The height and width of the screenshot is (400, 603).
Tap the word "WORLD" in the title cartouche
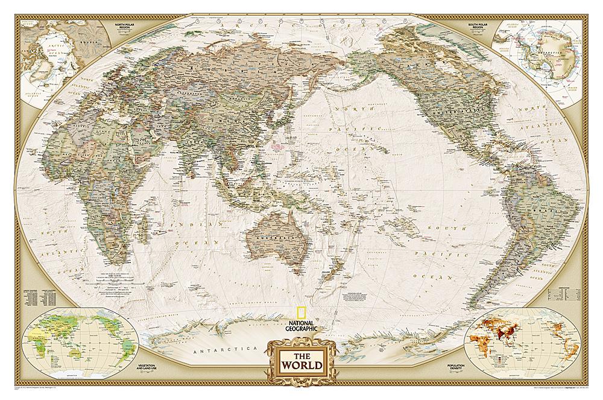tap(301, 366)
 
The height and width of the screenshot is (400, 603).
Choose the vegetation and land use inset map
tap(68, 332)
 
